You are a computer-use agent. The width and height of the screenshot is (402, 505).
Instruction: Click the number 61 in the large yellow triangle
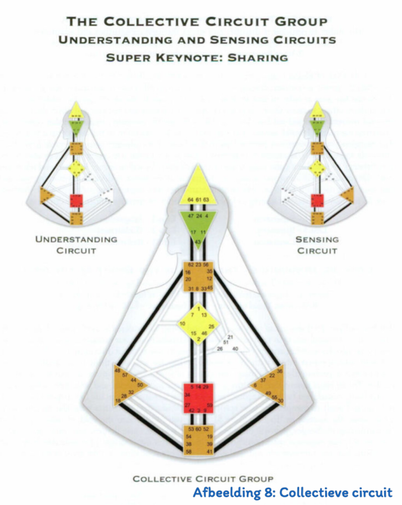point(199,200)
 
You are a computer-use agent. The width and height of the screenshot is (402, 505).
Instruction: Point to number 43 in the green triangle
point(198,242)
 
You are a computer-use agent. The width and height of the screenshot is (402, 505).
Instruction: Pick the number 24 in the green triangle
point(199,215)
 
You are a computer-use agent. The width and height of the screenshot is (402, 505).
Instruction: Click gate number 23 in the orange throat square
point(198,265)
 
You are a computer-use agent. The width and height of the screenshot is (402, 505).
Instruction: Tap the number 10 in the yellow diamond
point(182,323)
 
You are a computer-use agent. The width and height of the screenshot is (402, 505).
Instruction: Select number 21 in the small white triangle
point(231,336)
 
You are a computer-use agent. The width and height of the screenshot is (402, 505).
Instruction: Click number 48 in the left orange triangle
point(118,371)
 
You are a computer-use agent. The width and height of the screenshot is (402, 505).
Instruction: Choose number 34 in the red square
point(187,395)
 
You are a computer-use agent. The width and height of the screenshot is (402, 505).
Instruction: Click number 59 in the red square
point(210,404)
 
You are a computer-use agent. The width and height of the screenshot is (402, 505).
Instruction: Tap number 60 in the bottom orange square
point(199,429)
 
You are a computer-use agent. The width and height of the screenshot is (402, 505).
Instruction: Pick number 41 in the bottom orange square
point(209,452)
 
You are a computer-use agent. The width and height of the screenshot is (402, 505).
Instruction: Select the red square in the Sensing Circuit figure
point(317,201)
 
